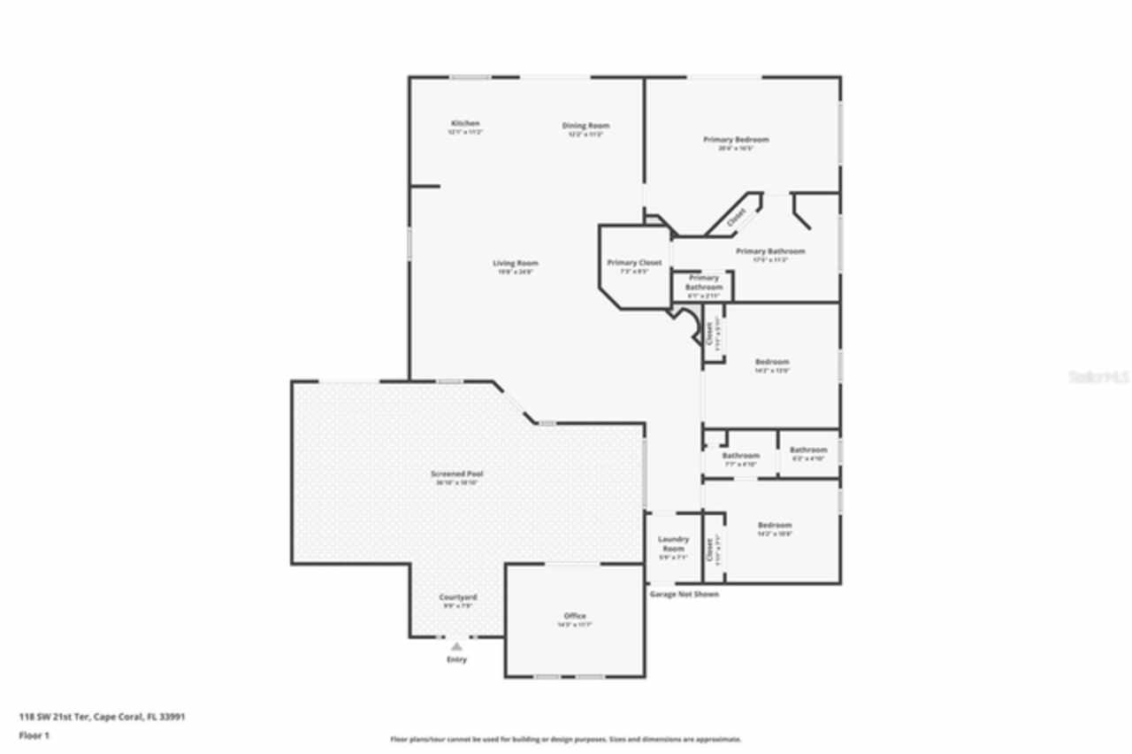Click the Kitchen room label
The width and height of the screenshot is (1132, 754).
[x=465, y=123]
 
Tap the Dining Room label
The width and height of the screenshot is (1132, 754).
[x=585, y=126]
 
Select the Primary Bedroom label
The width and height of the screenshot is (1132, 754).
[x=736, y=140]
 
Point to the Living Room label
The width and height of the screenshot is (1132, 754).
[x=516, y=263]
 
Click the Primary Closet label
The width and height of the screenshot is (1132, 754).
[x=634, y=263]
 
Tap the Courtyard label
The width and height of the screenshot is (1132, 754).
[x=457, y=597]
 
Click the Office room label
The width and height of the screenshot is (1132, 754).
[x=575, y=616]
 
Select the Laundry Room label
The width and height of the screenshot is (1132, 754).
[x=673, y=543]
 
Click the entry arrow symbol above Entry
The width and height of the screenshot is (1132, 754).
[x=456, y=647]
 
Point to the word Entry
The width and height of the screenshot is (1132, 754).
[x=456, y=659]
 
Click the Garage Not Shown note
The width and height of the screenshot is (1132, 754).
[x=684, y=594]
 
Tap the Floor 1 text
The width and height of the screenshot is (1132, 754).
[x=34, y=735]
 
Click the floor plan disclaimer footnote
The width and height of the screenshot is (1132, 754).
[x=566, y=739]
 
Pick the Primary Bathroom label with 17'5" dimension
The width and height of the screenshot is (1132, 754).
[x=770, y=251]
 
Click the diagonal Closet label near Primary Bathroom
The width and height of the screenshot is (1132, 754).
[x=737, y=218]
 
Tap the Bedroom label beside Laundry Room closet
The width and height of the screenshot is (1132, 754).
[x=774, y=525]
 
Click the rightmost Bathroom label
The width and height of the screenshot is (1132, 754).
[x=808, y=450]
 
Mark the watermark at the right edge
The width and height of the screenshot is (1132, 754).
[x=1099, y=376]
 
